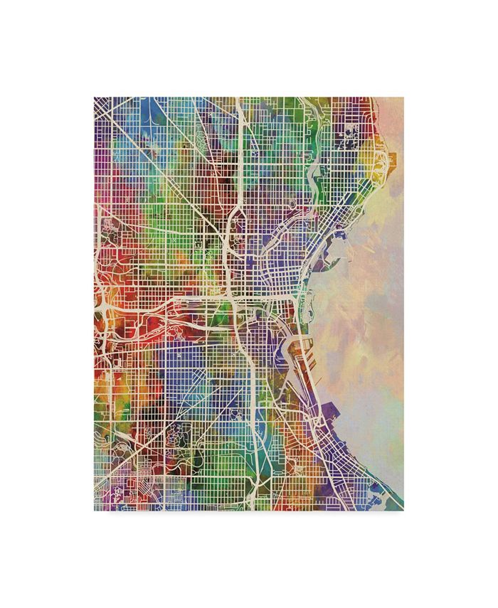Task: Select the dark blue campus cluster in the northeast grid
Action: click(x=351, y=133)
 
